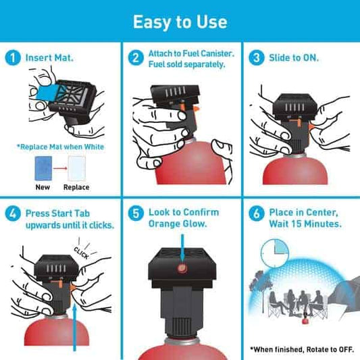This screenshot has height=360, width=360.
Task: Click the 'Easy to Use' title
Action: coord(180,22)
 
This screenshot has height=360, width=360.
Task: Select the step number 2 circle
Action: coord(137,57)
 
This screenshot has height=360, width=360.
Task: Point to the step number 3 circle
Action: coord(256,57)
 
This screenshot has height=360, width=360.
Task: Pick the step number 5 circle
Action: coord(137,214)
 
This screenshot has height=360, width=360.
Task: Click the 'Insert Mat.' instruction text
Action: coord(49,57)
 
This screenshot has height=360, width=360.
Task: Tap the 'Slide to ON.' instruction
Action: coord(294,57)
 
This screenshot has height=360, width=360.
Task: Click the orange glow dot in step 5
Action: coord(180,269)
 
